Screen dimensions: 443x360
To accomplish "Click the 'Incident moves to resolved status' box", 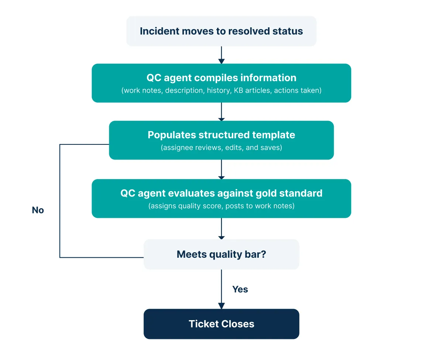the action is click(221, 31).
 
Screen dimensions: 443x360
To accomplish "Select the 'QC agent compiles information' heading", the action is click(221, 78).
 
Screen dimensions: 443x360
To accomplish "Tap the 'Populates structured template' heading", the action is click(221, 135).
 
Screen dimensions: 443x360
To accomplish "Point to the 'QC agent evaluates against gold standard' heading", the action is click(221, 193).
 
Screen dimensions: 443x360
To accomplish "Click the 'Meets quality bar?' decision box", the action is click(221, 254).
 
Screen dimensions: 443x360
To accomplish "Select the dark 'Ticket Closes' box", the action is click(221, 324).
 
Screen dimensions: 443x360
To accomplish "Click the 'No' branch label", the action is click(38, 210).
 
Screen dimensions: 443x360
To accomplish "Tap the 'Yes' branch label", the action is click(240, 289).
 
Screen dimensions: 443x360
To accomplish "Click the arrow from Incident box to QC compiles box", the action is click(221, 55).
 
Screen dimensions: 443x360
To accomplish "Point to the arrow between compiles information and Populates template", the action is click(221, 112).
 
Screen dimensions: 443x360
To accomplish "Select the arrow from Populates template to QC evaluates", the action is click(221, 169).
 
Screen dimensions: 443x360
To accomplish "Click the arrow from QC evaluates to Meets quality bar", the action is click(221, 229).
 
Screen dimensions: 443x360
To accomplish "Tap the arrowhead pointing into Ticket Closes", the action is click(221, 306).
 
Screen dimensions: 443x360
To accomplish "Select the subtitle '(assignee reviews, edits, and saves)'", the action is click(221, 147).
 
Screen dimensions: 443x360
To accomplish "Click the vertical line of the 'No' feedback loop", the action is click(60, 201).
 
